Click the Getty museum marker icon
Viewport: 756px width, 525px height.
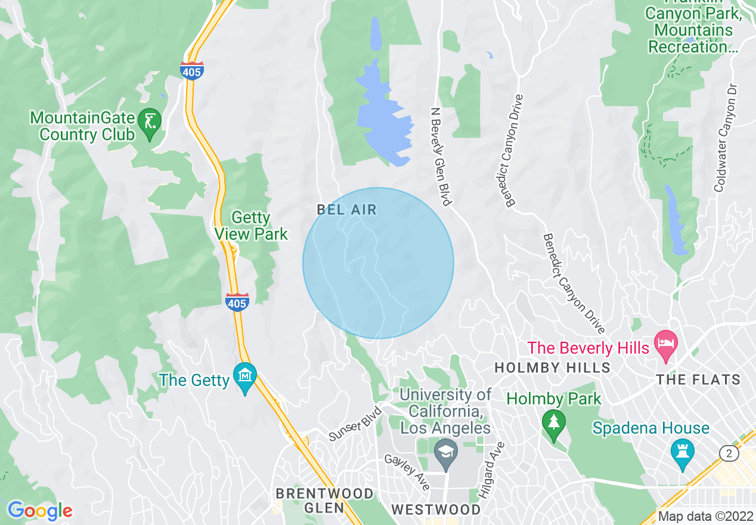[x=244, y=376]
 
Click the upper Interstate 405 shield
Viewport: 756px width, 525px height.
[x=191, y=70]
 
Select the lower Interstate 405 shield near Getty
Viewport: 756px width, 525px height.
[x=237, y=302]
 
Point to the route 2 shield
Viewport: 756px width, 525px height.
[x=729, y=454]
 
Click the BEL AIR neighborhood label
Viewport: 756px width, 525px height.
[x=346, y=209]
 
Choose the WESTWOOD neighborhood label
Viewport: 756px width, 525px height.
[x=436, y=509]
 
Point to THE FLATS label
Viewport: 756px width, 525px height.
[x=698, y=379]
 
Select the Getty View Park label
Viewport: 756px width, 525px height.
[x=251, y=226]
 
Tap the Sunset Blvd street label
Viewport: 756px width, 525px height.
[x=355, y=424]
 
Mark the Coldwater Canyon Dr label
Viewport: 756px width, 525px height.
[x=725, y=137]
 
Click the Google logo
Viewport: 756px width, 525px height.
[x=40, y=511]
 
